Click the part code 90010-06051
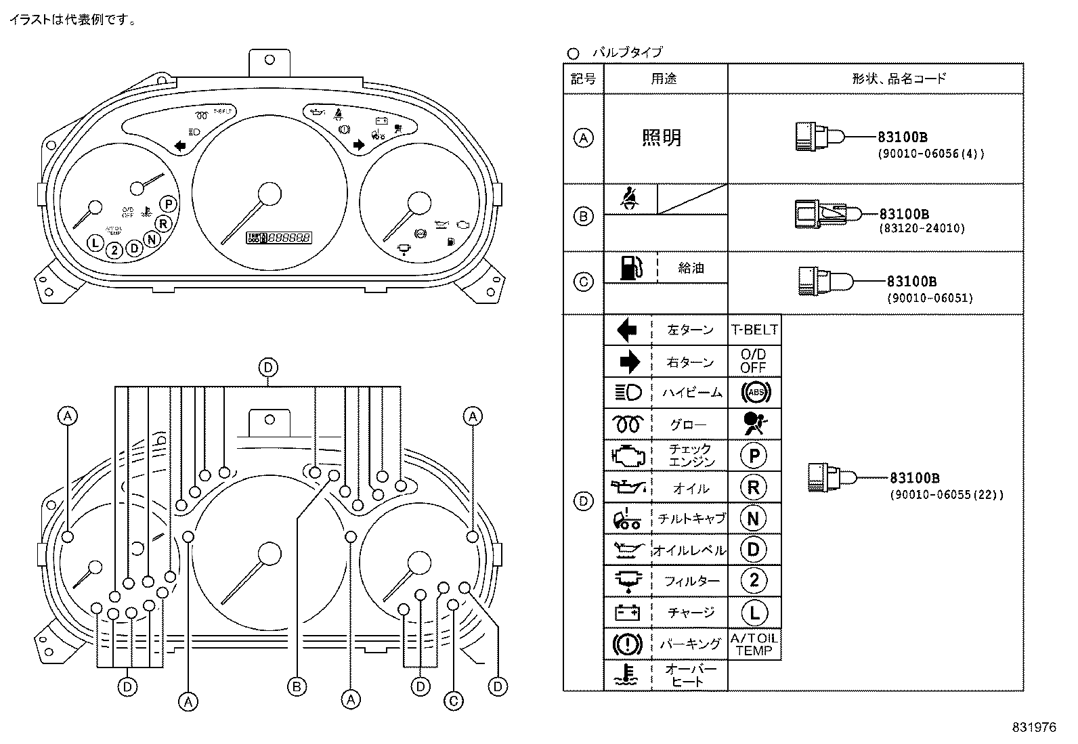coord(930,298)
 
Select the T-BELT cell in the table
coord(754,330)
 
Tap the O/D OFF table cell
coord(754,362)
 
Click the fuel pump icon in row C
coord(630,268)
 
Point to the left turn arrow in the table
coord(627,330)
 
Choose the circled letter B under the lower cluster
coord(297,687)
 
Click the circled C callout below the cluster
coord(454,701)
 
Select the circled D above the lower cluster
coord(268,368)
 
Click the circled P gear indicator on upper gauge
coord(169,204)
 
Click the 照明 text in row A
coord(662,138)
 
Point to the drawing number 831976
coord(1034,728)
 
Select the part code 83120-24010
coord(922,229)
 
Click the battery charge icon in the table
coord(627,612)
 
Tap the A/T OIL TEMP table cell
coord(754,644)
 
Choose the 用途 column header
coord(664,79)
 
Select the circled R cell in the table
coord(754,487)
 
